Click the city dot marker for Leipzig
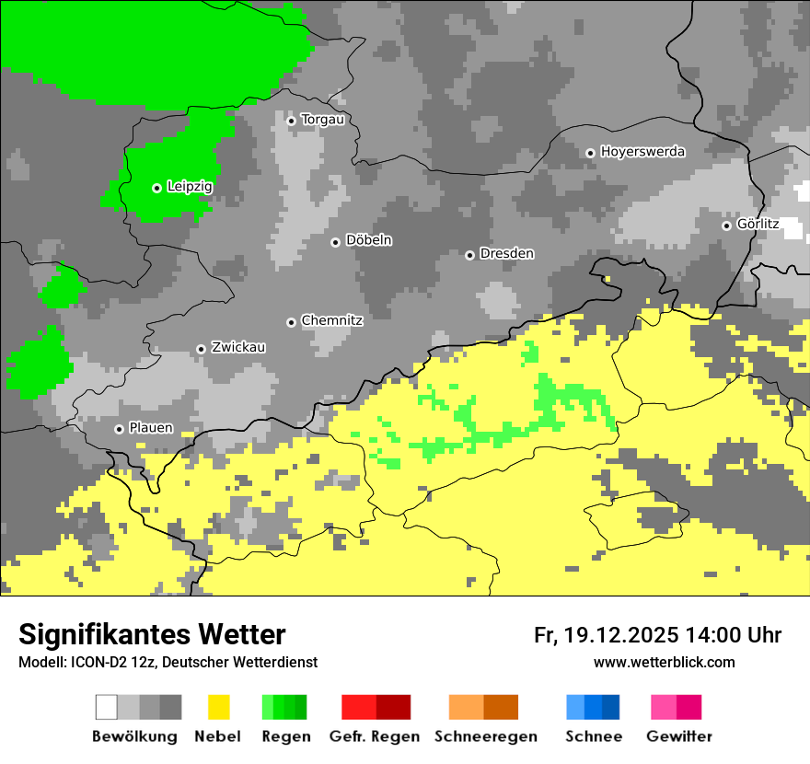coord(157,188)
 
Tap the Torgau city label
coord(322,120)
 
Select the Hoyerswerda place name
coord(642,152)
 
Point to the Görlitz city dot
coord(726,226)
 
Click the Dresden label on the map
coord(506,254)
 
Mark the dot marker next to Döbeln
coord(335,242)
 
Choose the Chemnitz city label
coord(331,321)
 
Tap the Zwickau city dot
coord(201,349)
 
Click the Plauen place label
coord(151,429)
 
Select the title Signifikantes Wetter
coord(152,634)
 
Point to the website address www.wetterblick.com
coord(664,662)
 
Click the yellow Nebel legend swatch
coord(218,707)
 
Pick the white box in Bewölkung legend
coord(107,707)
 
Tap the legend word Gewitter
coord(678,736)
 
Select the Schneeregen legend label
coord(485,736)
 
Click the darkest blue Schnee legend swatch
coord(611,707)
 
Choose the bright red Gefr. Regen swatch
coord(359,707)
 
